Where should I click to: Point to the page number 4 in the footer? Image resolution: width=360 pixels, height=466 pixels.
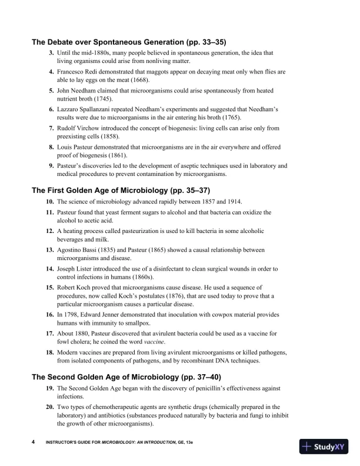pos(33,442)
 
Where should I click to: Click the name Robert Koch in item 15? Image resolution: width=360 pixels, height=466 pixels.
pos(75,287)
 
